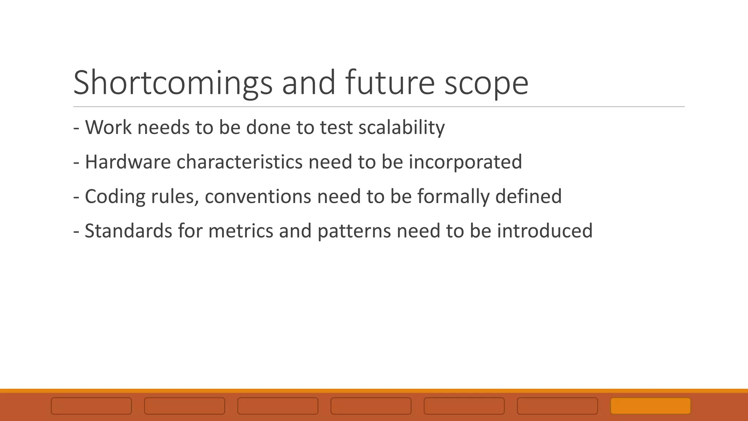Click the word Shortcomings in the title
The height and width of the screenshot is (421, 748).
click(x=173, y=83)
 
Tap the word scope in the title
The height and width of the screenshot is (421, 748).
click(x=486, y=83)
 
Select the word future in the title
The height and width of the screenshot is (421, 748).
click(x=389, y=83)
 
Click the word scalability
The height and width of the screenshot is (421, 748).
click(x=401, y=128)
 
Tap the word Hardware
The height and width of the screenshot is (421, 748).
click(x=127, y=162)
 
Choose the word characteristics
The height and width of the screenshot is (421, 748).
click(x=239, y=162)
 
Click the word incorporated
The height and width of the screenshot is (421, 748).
click(x=465, y=162)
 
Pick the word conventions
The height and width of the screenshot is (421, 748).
click(x=258, y=197)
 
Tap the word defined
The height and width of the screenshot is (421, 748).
click(x=528, y=197)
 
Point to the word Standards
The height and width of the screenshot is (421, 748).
click(x=128, y=231)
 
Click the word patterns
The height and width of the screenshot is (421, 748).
click(x=354, y=231)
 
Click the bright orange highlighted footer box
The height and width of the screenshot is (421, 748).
click(x=650, y=406)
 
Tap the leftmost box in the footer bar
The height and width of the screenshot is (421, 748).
click(x=91, y=406)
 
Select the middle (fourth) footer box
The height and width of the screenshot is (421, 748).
click(x=371, y=406)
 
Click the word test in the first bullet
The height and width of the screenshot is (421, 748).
click(x=336, y=128)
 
